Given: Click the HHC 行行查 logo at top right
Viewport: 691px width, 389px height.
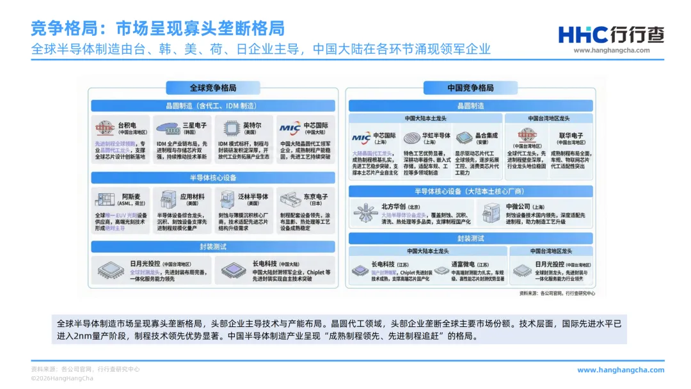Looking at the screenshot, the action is point(610,35).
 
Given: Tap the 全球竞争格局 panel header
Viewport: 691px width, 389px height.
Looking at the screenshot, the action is point(213,88).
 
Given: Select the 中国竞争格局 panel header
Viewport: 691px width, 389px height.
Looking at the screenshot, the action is point(470,88).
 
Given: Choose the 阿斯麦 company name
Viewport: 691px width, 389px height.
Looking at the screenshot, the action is point(132,196).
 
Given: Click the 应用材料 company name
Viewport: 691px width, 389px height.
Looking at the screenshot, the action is point(192,196).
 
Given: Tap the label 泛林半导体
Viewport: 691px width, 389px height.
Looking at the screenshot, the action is point(253,196).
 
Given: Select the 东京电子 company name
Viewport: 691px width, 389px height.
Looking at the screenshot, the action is point(315,196).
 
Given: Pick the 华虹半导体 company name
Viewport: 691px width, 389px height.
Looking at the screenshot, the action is point(436,135).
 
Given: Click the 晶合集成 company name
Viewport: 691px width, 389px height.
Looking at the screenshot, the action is point(487,135).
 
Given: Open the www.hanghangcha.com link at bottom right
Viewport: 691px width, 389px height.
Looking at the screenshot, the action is point(621,370).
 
